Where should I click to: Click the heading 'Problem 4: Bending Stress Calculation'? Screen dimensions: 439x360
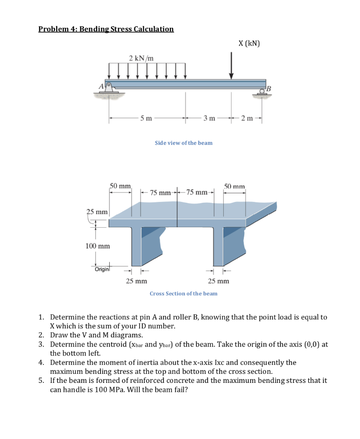(x=106, y=29)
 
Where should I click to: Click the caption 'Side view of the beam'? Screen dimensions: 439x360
(x=183, y=143)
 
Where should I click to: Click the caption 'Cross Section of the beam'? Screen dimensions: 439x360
(x=183, y=294)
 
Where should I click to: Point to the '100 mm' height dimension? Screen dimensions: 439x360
(x=97, y=246)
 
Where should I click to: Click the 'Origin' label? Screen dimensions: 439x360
(x=102, y=269)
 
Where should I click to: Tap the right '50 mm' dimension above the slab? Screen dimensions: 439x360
(x=234, y=186)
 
